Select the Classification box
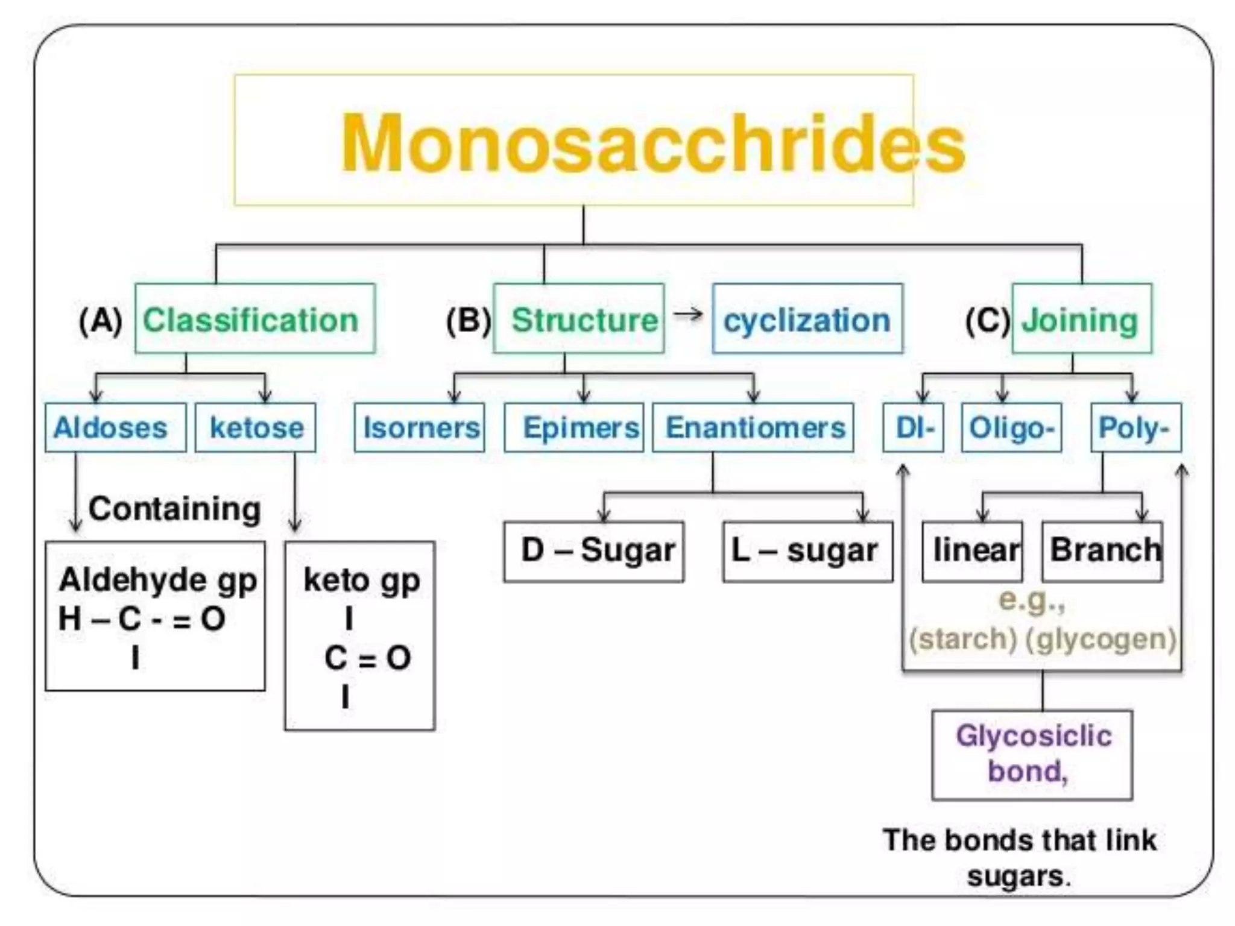pos(254,319)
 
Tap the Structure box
pos(578,319)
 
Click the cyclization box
pos(807,319)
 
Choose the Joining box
pos(1081,319)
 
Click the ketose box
pos(255,428)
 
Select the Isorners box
pos(420,428)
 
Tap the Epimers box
pos(574,428)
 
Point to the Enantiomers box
pos(753,428)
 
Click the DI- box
pos(913,428)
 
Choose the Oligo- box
pos(1011,428)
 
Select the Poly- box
pos(1136,428)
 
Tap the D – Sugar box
pos(594,551)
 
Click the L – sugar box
pos(807,551)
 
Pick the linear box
pos(972,551)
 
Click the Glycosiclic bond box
pos(1032,755)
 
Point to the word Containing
pos(175,509)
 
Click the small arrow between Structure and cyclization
pos(688,314)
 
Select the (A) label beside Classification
pos(100,320)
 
